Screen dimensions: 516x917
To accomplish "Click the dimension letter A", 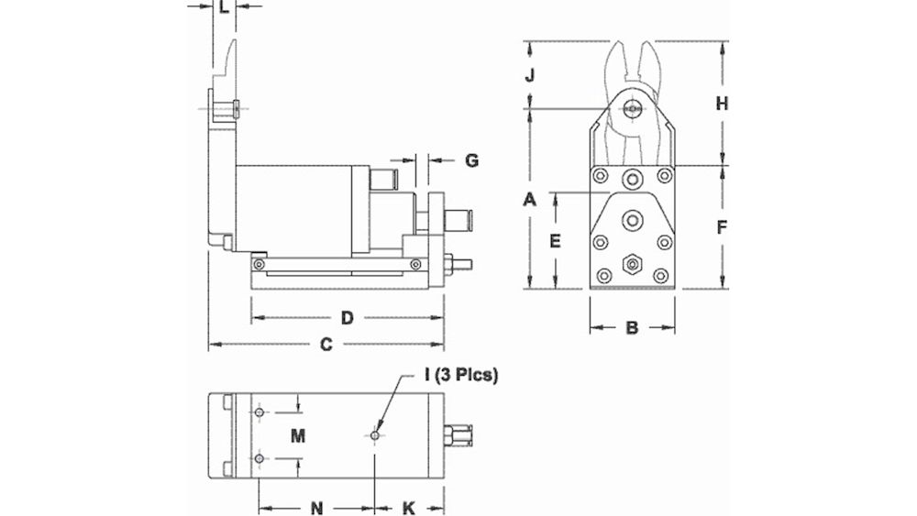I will point(529,199).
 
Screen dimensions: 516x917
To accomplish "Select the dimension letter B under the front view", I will point(631,327).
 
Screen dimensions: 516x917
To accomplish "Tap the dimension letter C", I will point(325,346).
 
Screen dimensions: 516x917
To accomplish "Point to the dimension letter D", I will point(347,318).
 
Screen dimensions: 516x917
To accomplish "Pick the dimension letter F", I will point(722,226).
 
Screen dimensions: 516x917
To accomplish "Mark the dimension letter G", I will point(471,160).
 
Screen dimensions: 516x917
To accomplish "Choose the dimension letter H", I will point(722,104).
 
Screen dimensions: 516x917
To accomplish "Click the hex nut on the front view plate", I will point(631,264).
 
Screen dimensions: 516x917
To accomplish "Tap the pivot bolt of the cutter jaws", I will point(631,107).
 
